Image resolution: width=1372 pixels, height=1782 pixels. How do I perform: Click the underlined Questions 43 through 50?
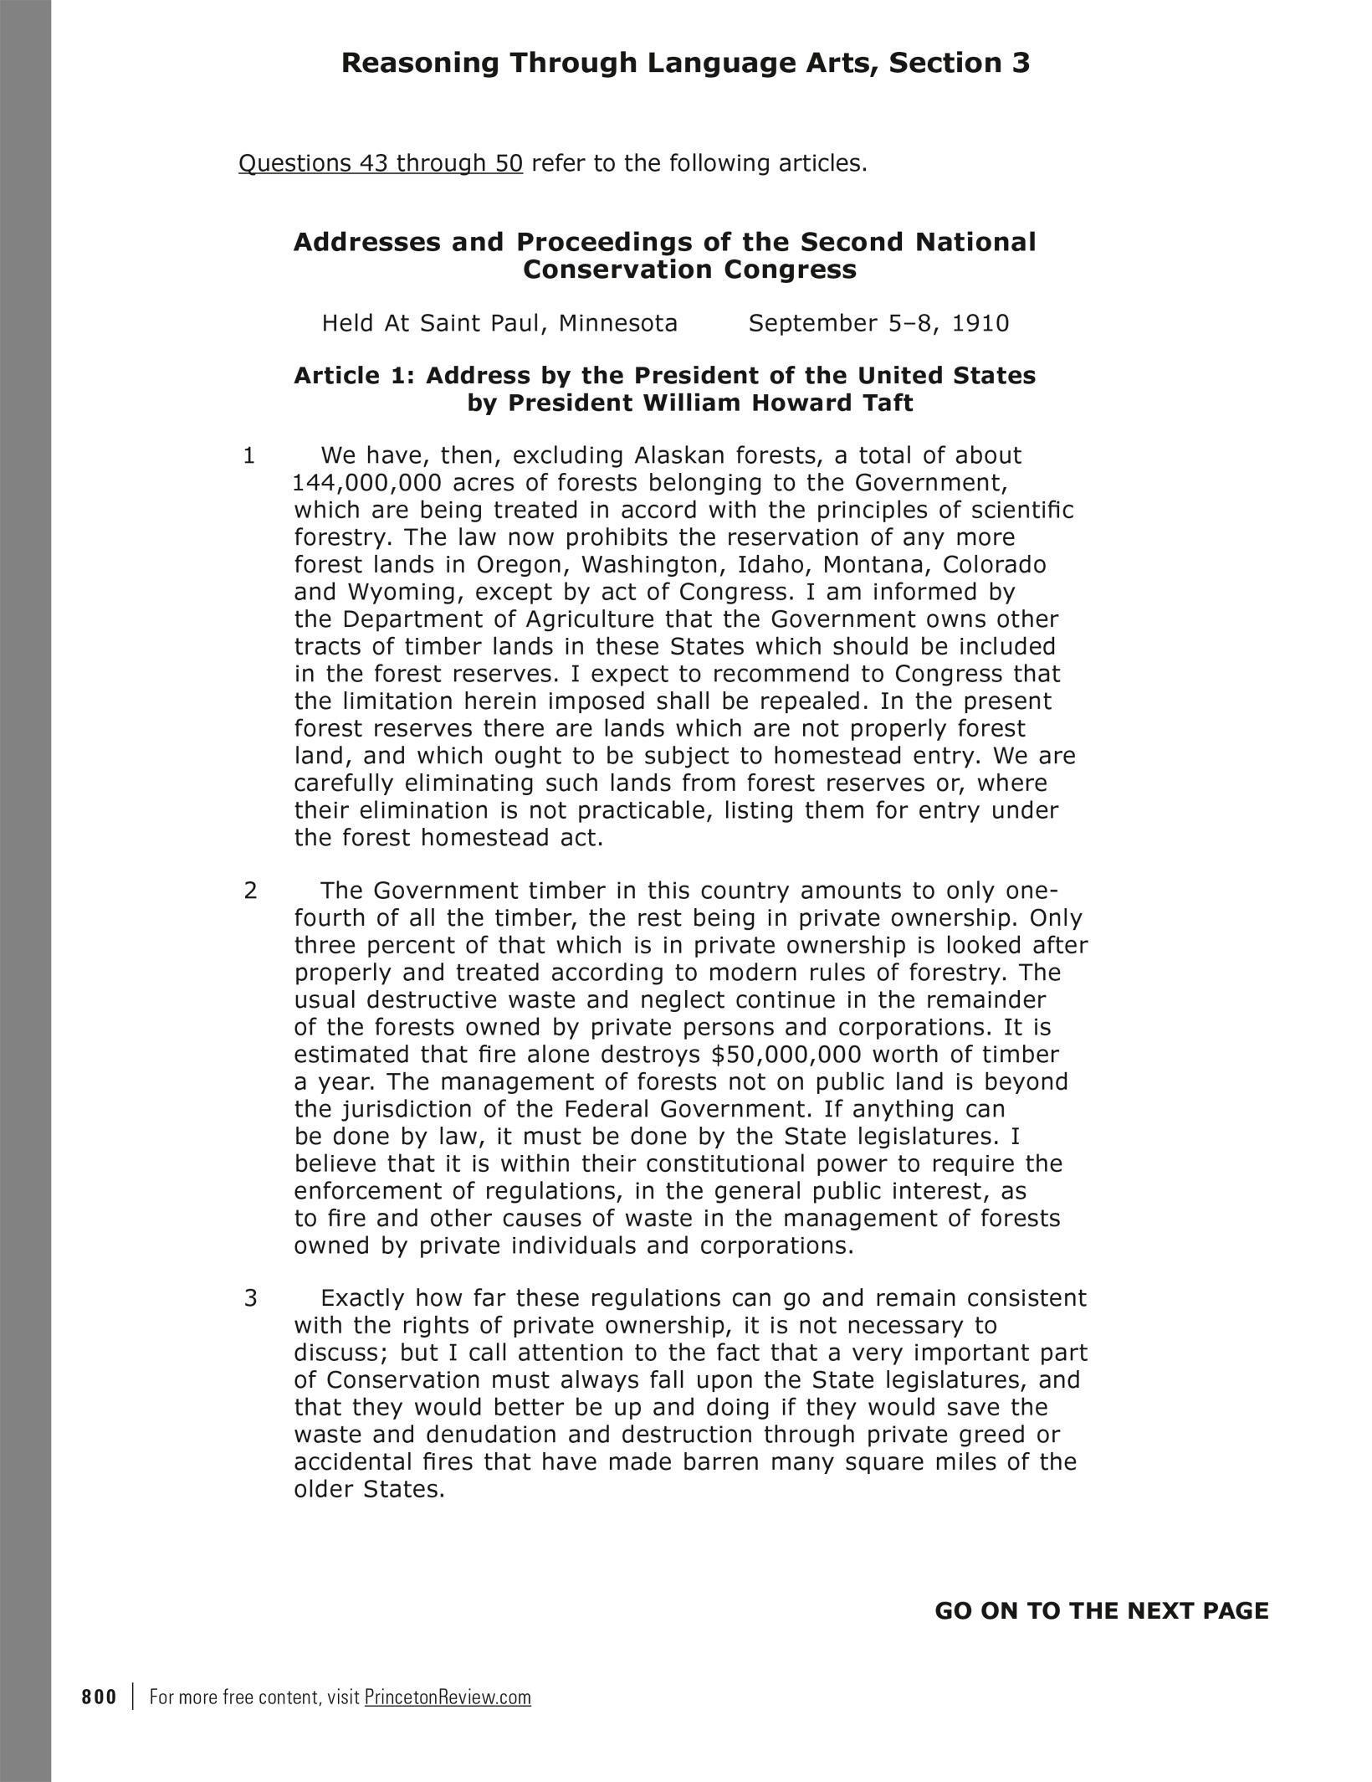click(x=381, y=163)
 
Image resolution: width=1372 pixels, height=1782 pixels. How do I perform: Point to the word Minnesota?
click(x=618, y=323)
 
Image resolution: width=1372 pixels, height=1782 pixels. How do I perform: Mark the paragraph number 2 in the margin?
click(x=250, y=891)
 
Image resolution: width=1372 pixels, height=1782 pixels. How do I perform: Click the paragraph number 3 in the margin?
click(x=250, y=1299)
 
